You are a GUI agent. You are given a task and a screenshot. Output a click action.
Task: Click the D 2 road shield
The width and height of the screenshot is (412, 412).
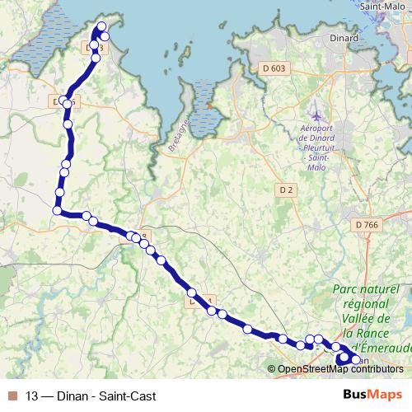[x=286, y=190]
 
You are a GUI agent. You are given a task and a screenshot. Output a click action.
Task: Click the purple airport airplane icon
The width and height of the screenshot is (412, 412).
[x=316, y=110]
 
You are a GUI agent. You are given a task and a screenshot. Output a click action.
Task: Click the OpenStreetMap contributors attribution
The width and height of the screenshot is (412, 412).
[x=340, y=368]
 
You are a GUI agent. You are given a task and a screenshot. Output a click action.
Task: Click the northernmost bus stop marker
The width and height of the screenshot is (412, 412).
[x=103, y=26]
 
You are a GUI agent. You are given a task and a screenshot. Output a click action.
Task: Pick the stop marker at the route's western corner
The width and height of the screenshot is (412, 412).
[x=58, y=211]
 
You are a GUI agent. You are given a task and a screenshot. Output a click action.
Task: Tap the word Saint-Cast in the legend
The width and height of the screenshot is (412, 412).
[x=127, y=396]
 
